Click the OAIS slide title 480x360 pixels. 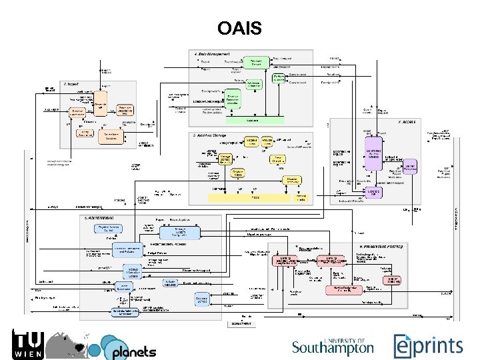239,29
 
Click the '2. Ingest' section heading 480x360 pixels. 72,84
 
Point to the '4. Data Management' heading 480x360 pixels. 211,53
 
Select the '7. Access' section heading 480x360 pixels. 408,123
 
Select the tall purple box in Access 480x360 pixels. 373,159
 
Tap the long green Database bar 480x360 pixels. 252,121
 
